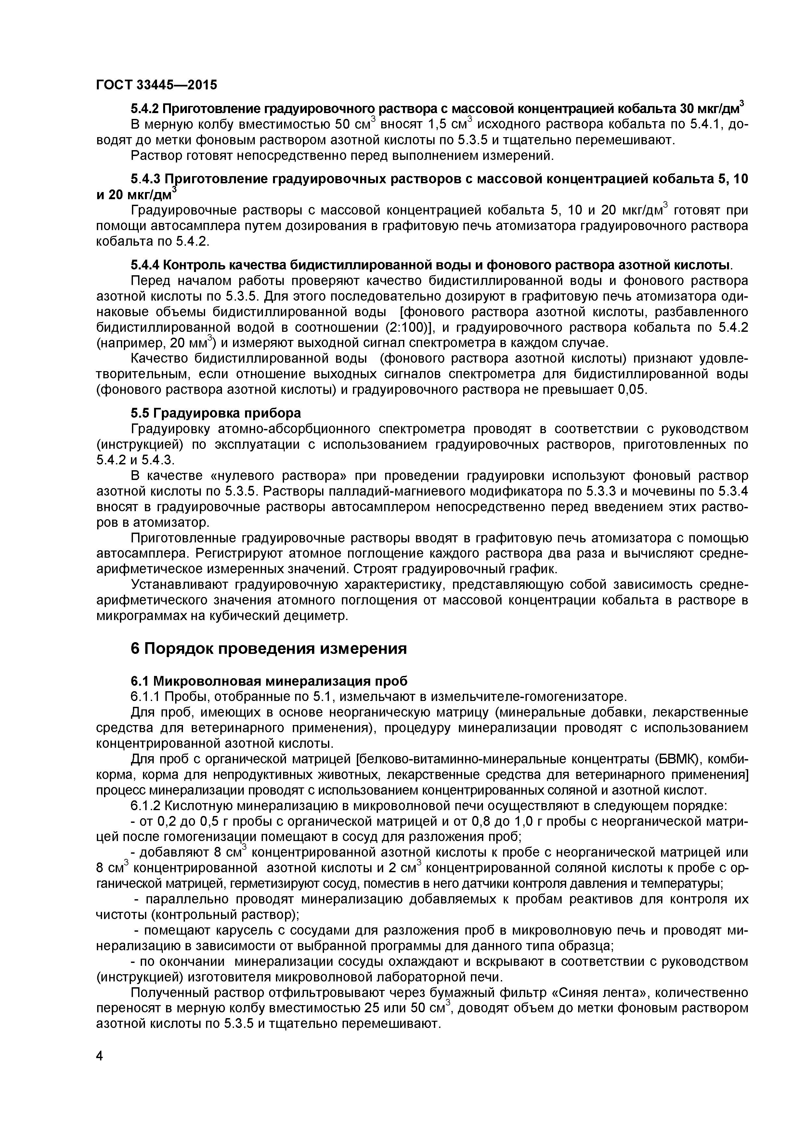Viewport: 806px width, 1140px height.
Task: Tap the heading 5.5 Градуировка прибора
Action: [x=215, y=413]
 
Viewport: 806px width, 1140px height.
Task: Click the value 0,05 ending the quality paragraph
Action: [x=632, y=390]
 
